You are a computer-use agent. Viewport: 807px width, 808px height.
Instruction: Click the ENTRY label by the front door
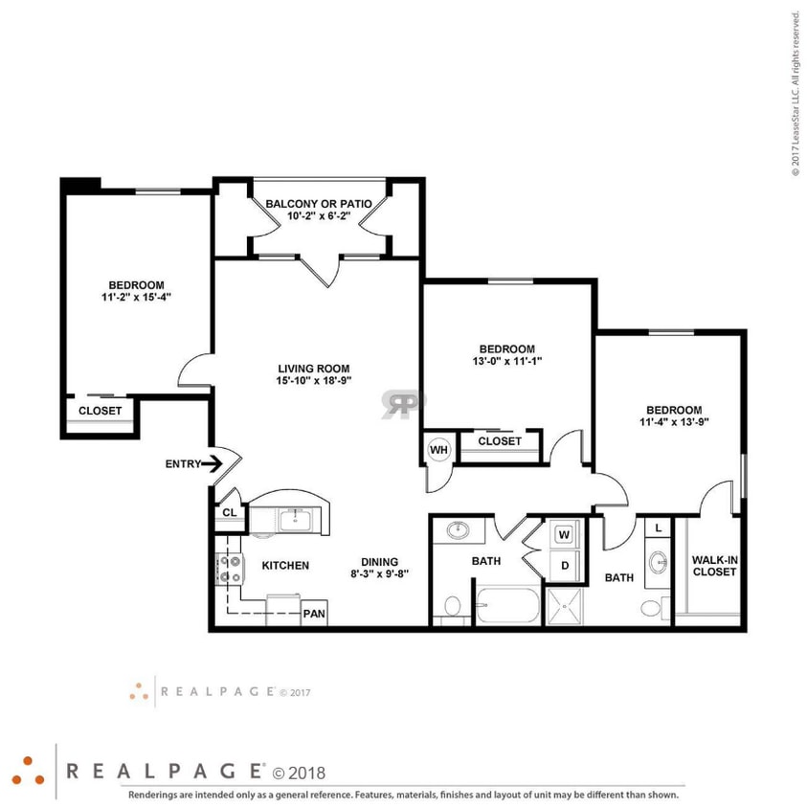183,464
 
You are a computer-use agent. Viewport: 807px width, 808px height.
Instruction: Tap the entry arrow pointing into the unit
213,464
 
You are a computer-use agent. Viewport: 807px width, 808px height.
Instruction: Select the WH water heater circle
438,449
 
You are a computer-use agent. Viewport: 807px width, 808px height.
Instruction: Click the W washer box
564,533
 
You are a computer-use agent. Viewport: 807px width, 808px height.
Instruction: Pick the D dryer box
564,565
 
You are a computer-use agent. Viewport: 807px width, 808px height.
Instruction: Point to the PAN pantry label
313,614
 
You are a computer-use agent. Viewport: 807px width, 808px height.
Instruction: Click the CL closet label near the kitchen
230,512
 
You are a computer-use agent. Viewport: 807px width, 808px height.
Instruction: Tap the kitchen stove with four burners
230,571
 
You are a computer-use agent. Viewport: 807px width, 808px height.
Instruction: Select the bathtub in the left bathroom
507,605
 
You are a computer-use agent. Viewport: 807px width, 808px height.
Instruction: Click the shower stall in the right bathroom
570,604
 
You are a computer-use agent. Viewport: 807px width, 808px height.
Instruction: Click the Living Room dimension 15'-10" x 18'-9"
313,380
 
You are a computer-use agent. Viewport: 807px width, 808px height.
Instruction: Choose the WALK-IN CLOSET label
713,566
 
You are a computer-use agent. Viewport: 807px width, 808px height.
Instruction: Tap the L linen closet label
660,527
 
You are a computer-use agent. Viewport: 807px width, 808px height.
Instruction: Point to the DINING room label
379,562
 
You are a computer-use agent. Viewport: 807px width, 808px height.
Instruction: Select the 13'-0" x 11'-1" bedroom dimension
506,361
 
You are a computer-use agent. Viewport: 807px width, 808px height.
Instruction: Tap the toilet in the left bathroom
452,607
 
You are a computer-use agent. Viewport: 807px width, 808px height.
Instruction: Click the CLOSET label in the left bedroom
101,411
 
